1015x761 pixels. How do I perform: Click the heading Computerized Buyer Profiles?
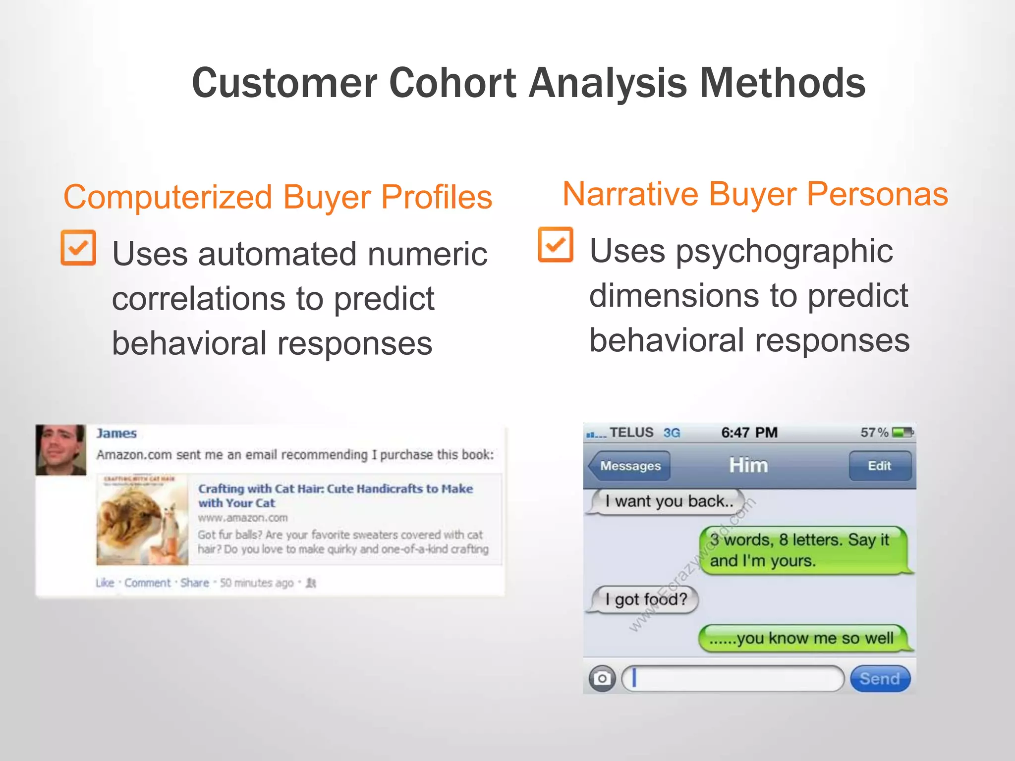pyautogui.click(x=278, y=197)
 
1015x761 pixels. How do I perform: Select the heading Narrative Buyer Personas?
pyautogui.click(x=755, y=194)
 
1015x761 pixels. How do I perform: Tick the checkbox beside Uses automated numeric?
pyautogui.click(x=78, y=248)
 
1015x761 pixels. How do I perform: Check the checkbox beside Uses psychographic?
pyautogui.click(x=556, y=245)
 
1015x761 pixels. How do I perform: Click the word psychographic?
pyautogui.click(x=785, y=251)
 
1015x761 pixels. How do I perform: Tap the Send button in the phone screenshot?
pyautogui.click(x=880, y=678)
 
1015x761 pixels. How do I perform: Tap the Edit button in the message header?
pyautogui.click(x=880, y=466)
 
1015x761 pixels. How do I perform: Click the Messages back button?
pyautogui.click(x=629, y=466)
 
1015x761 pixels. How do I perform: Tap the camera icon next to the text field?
pyautogui.click(x=602, y=678)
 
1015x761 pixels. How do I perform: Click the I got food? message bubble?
pyautogui.click(x=645, y=599)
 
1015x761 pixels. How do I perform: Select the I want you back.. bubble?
pyautogui.click(x=668, y=501)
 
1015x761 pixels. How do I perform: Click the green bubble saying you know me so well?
pyautogui.click(x=803, y=638)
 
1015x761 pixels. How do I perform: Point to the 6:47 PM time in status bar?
pyautogui.click(x=749, y=433)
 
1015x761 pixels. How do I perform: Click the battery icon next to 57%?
pyautogui.click(x=902, y=433)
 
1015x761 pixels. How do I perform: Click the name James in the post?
pyautogui.click(x=116, y=434)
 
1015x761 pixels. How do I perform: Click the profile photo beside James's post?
pyautogui.click(x=61, y=449)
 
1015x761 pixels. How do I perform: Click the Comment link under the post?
pyautogui.click(x=147, y=583)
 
